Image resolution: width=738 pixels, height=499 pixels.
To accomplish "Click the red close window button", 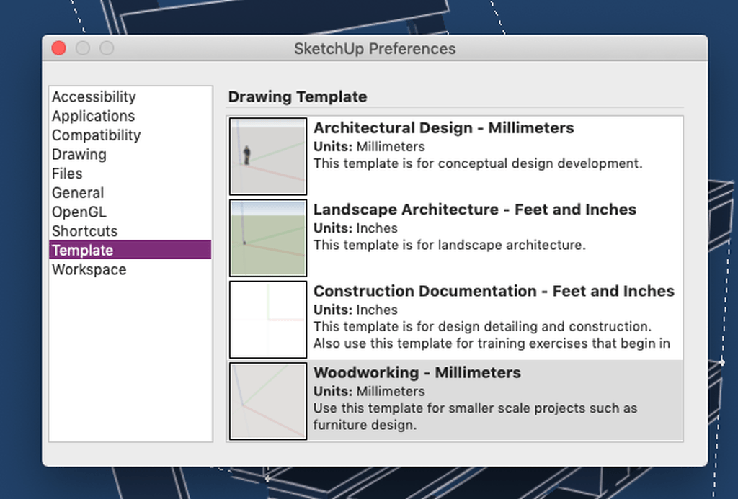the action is [59, 48].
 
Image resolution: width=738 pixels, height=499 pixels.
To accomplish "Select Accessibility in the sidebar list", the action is [94, 97].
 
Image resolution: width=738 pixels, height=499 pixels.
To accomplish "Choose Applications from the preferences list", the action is [93, 116].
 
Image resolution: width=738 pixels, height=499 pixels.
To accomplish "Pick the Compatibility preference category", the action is [96, 135].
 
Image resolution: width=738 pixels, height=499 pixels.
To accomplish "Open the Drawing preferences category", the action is [79, 154].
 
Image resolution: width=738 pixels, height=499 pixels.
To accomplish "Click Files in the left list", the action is [67, 174].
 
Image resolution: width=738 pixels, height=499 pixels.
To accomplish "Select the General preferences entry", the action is [78, 193].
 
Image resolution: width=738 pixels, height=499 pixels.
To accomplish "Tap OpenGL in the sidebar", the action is [79, 212].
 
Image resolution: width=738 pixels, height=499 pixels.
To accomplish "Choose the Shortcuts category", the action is [85, 231].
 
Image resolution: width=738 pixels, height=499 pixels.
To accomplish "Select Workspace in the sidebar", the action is [89, 269].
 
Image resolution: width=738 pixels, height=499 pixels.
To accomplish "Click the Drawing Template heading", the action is [298, 97].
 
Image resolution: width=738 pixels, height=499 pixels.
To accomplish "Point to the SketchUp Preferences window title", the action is [375, 48].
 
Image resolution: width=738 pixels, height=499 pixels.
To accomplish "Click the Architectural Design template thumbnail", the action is [268, 156].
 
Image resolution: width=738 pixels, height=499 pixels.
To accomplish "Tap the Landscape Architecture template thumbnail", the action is [268, 238].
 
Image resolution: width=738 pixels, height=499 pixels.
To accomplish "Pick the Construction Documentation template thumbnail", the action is [268, 319].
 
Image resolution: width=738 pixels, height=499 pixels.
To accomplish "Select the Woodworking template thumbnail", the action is [268, 401].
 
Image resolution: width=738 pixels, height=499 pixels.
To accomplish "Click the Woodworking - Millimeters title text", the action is [417, 372].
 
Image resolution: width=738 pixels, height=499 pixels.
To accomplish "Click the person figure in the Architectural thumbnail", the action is [246, 156].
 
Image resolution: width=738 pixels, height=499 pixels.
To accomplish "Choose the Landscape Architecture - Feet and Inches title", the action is [475, 210].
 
